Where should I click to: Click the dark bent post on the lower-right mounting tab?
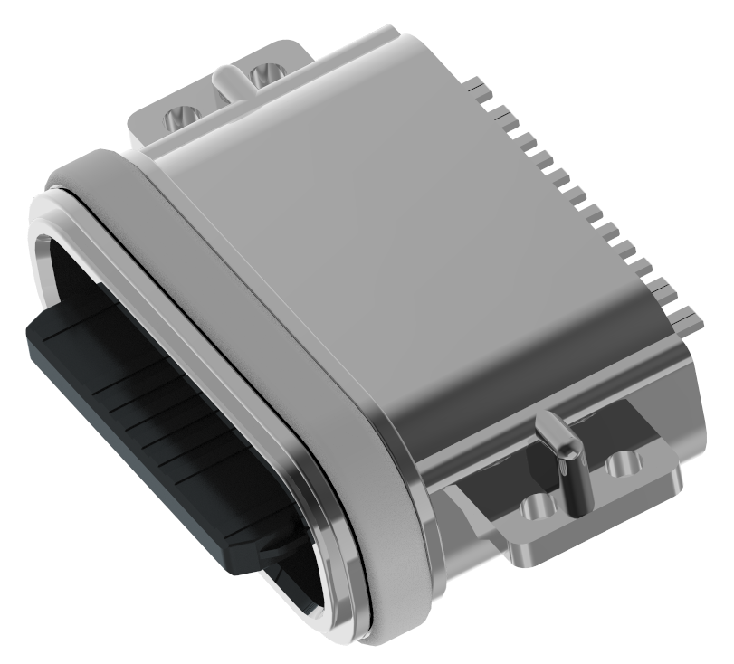coord(568,461)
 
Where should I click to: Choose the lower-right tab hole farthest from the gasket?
coord(623,465)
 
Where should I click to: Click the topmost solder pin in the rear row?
coord(481,89)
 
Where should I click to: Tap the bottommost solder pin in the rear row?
coord(686,318)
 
